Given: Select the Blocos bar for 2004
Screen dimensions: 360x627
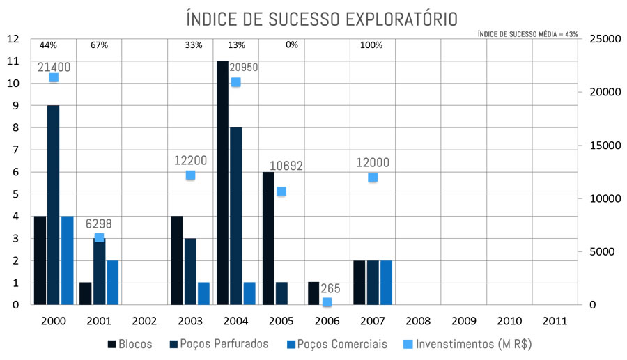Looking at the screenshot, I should click(x=223, y=182).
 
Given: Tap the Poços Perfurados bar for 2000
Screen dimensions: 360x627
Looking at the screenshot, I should click(x=53, y=205).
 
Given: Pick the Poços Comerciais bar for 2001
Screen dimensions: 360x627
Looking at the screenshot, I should click(x=112, y=282).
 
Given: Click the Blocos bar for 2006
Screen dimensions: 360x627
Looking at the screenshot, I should click(x=314, y=293).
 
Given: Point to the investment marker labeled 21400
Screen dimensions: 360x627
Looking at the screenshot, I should click(x=54, y=77).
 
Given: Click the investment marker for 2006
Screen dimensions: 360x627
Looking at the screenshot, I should click(x=327, y=302).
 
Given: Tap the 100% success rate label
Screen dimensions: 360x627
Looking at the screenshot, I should click(x=371, y=45).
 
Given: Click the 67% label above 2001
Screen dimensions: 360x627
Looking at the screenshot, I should click(x=99, y=45).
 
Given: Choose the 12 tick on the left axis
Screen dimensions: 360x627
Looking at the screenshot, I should click(x=13, y=39).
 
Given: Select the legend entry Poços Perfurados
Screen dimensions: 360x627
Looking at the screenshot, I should click(x=219, y=344).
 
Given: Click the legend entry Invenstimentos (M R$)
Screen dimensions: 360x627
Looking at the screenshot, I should click(x=473, y=344).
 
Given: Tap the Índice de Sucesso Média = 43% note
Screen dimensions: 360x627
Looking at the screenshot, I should click(x=527, y=33).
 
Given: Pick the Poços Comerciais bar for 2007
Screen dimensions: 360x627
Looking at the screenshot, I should click(x=386, y=282).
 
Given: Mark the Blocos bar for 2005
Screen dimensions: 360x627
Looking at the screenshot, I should click(x=268, y=238).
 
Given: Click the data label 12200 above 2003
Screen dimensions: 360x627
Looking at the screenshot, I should click(x=190, y=160).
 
